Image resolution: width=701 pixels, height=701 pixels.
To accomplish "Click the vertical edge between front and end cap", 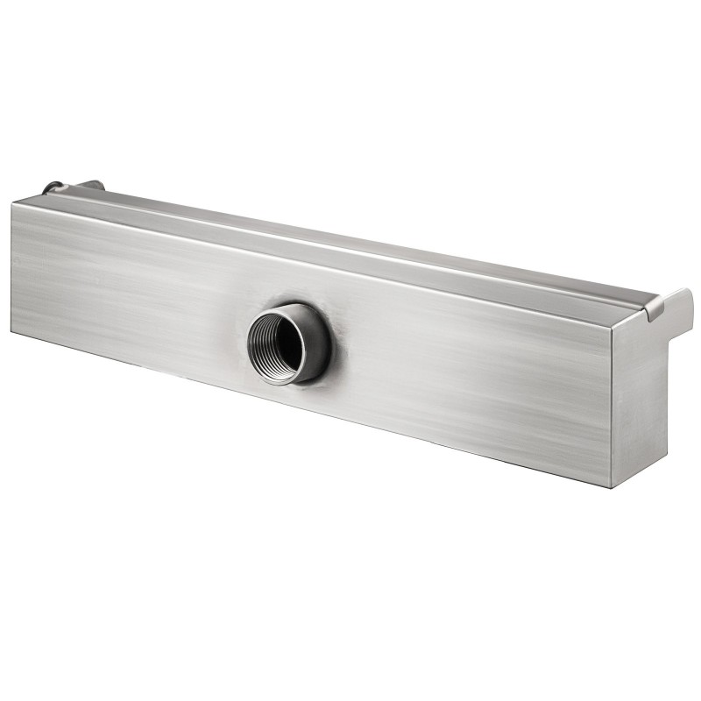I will click(612, 403).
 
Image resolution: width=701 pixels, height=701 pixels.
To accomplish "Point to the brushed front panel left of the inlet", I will click(131, 280).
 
